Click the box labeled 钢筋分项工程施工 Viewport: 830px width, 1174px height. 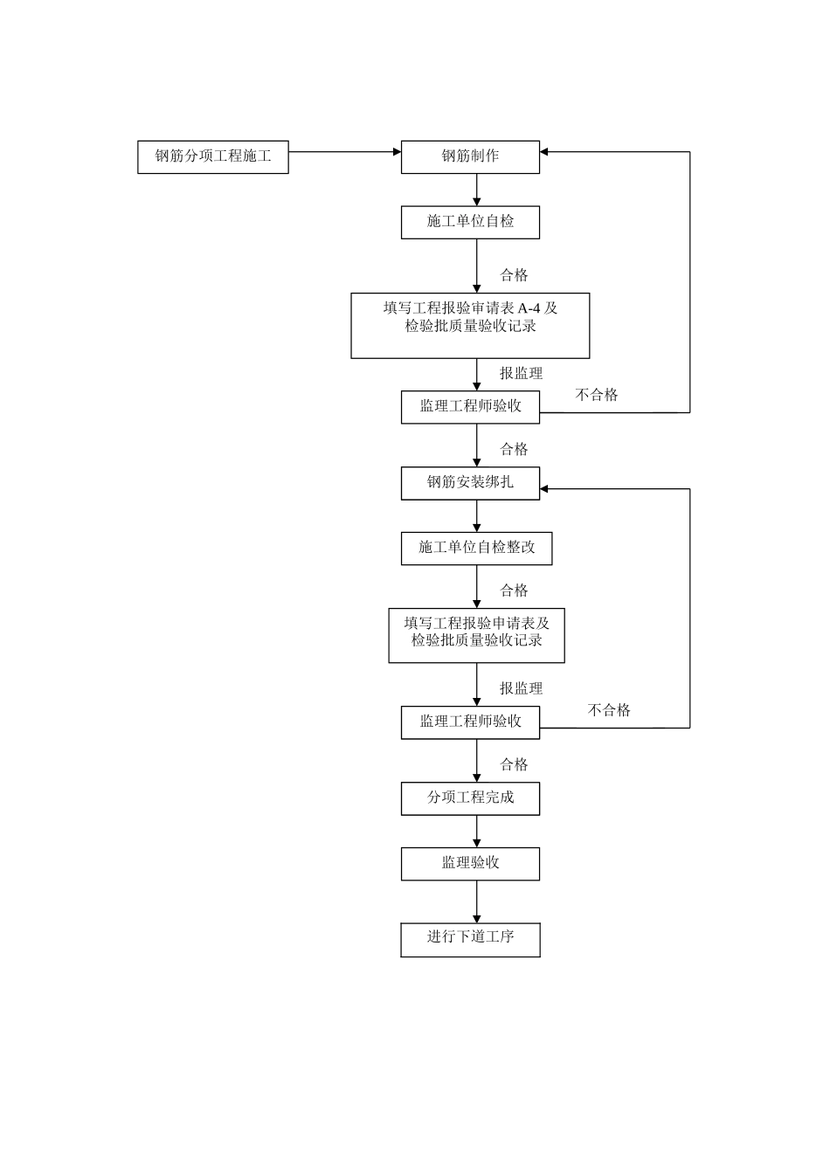pos(212,157)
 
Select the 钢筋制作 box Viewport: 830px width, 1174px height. pos(470,157)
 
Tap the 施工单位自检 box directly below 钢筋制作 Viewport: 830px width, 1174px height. pos(470,222)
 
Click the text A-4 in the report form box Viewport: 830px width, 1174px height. pos(529,308)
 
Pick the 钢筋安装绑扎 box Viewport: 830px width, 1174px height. pos(470,482)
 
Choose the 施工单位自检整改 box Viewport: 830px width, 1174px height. pos(476,548)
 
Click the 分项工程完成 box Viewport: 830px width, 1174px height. pos(470,798)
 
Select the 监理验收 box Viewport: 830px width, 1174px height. pos(470,863)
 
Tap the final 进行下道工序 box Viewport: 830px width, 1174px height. pos(470,938)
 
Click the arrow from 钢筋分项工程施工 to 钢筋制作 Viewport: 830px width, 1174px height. pos(344,152)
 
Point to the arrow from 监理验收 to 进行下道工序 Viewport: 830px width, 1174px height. pos(477,901)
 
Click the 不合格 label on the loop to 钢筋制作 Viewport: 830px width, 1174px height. pos(597,395)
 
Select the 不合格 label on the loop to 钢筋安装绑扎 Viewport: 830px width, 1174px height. pos(609,710)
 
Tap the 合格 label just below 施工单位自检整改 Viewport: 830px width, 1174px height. pos(514,590)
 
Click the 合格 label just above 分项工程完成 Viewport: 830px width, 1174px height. pos(514,764)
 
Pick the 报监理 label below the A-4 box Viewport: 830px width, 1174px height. pos(521,373)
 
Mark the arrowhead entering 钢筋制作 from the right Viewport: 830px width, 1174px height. pos(545,152)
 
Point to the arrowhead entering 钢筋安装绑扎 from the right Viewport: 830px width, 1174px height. pos(545,489)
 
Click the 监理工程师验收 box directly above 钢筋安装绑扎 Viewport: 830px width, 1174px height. pos(470,406)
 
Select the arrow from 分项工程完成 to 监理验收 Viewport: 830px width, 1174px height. pos(477,831)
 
